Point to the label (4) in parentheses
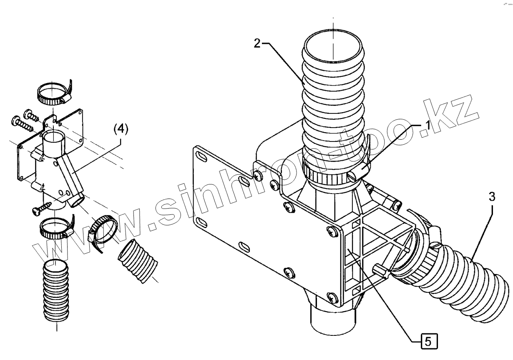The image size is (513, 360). coord(121,129)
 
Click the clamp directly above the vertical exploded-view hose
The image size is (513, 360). coord(57,228)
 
